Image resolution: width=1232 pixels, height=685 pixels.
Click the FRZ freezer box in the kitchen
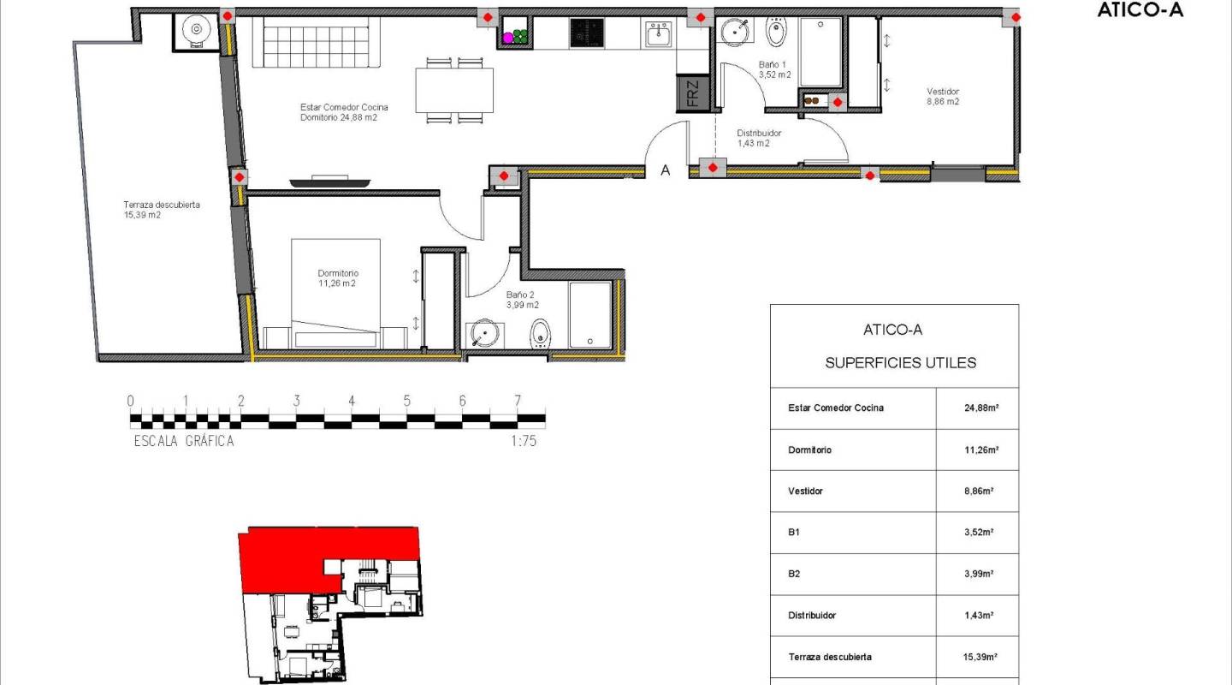click(692, 93)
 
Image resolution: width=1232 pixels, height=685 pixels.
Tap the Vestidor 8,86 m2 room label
click(943, 96)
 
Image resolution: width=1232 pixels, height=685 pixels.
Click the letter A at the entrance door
click(665, 170)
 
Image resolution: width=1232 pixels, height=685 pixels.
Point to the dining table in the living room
click(454, 90)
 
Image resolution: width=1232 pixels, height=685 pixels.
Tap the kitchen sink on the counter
click(658, 36)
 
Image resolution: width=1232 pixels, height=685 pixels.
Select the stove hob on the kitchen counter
click(587, 34)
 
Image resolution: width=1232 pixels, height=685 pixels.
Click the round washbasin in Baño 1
click(733, 33)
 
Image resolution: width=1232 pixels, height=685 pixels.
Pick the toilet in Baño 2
click(540, 332)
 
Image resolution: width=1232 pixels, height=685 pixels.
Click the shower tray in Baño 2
click(590, 315)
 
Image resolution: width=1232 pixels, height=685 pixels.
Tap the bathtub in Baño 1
click(820, 53)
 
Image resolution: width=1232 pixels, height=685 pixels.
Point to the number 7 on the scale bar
click(518, 401)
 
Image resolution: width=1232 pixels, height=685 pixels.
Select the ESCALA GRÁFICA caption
click(184, 442)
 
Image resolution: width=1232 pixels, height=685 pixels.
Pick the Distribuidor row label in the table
click(812, 616)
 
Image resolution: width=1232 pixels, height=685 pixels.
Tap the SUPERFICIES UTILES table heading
click(900, 363)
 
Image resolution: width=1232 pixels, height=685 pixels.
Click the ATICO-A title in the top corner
click(1140, 12)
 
